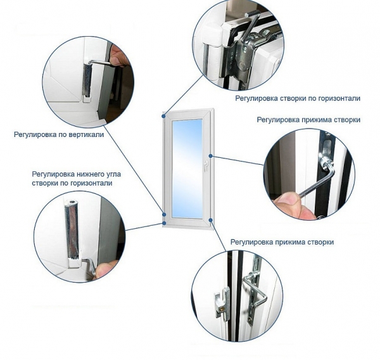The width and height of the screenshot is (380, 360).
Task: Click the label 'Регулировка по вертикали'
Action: [59, 134]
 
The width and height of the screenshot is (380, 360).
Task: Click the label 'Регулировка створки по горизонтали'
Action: [298, 98]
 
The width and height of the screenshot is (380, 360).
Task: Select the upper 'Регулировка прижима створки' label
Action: [308, 120]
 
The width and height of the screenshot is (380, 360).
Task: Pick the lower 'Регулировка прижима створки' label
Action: [282, 242]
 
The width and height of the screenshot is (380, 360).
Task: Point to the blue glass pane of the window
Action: [187, 169]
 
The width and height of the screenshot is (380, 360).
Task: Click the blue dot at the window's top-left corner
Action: [164, 116]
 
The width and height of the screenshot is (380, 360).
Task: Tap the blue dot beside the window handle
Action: [211, 156]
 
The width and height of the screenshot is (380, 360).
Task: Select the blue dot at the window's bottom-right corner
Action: [211, 220]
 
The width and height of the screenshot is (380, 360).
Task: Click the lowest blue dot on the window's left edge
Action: [164, 222]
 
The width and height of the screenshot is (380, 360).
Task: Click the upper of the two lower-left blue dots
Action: [164, 214]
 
